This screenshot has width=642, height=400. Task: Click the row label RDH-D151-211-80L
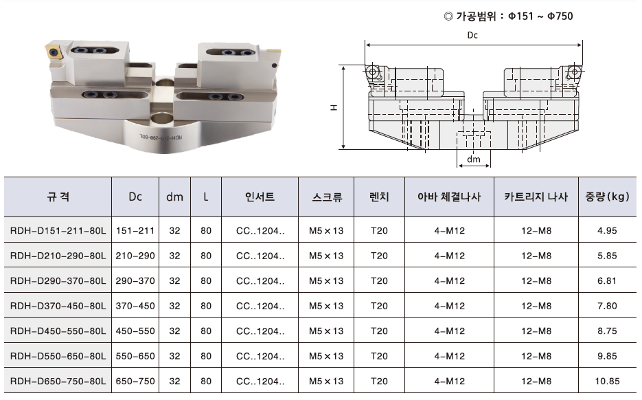(x=58, y=231)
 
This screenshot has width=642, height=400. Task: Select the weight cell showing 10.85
(x=607, y=381)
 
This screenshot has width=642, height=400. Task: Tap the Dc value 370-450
(x=135, y=306)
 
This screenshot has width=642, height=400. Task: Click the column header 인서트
(x=260, y=197)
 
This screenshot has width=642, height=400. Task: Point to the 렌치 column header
(x=379, y=197)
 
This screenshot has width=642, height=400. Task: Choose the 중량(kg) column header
(x=607, y=197)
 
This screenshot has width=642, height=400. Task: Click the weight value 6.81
(x=607, y=281)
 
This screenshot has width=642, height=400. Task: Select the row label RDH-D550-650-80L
(x=58, y=356)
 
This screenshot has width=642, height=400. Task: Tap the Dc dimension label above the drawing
(x=472, y=35)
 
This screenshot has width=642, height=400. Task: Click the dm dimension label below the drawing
(x=474, y=159)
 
